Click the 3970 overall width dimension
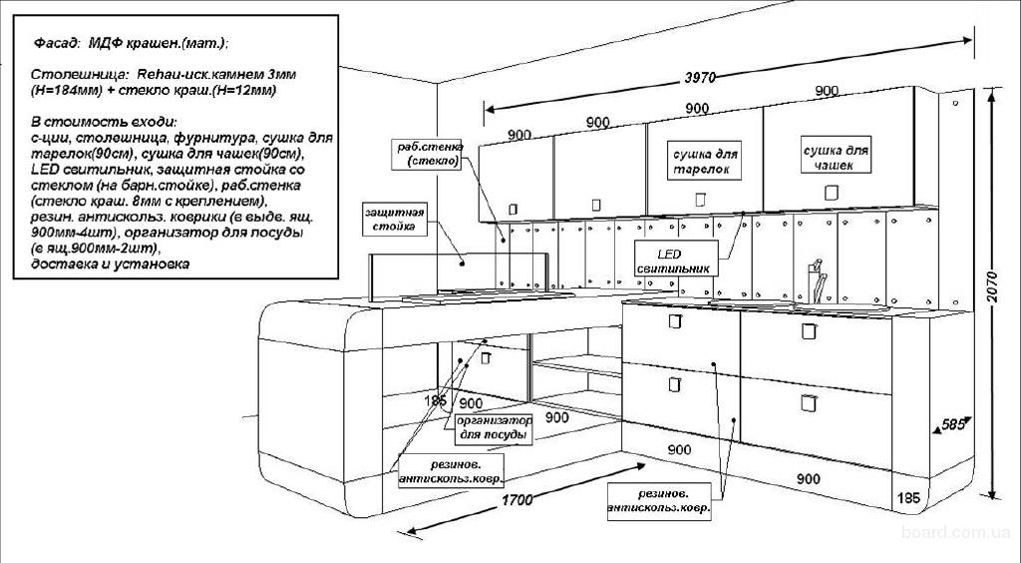(702, 77)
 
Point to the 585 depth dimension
(954, 425)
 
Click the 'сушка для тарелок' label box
(705, 163)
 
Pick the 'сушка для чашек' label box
(836, 158)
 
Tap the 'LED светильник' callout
(673, 261)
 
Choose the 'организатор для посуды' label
(494, 429)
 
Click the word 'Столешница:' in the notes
(70, 75)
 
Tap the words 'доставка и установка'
(110, 265)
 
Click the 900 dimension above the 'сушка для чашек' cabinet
(827, 91)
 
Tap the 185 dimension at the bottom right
(908, 497)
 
